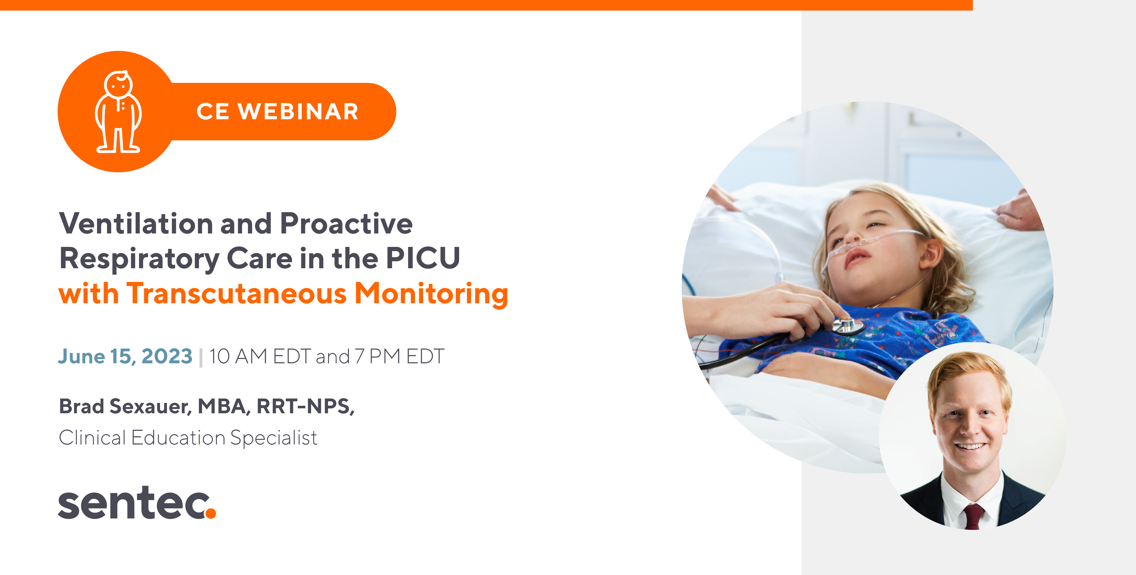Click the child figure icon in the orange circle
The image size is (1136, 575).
pyautogui.click(x=118, y=112)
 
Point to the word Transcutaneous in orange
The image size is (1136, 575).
pyautogui.click(x=237, y=294)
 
